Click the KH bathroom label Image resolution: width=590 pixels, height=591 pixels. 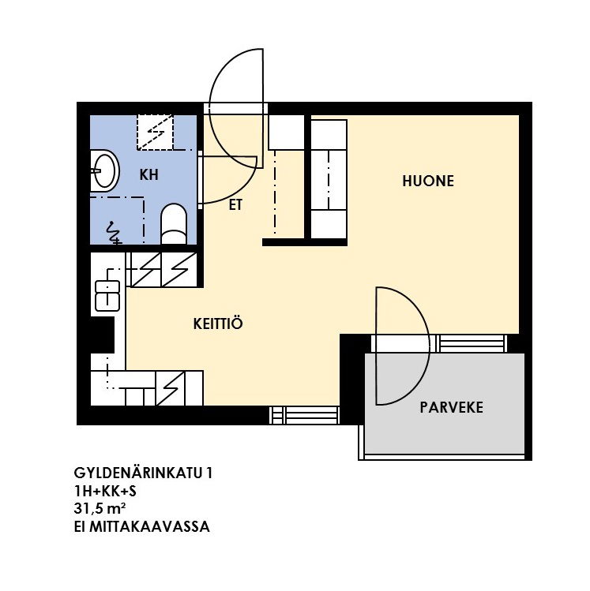point(148,175)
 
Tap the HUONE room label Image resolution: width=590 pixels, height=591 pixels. point(428,181)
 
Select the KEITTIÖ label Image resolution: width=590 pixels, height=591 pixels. point(218,324)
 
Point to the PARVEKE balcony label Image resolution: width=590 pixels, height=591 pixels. point(451,407)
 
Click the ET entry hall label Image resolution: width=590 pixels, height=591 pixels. point(235,205)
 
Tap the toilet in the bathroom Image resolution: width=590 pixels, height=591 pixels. point(174,225)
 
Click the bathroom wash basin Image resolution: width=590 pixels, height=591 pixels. point(105,170)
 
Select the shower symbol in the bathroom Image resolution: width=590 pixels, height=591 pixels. point(114,234)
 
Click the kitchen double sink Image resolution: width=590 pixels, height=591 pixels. point(107,296)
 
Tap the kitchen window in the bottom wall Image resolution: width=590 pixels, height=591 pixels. point(304,415)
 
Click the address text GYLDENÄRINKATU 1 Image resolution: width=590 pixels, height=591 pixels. point(143,473)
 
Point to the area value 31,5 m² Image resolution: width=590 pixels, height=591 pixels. point(100,509)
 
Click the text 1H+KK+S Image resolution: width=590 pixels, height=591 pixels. point(105,491)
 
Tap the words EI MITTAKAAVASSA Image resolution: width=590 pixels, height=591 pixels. point(142,526)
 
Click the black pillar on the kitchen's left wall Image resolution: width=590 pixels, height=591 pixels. point(102,335)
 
